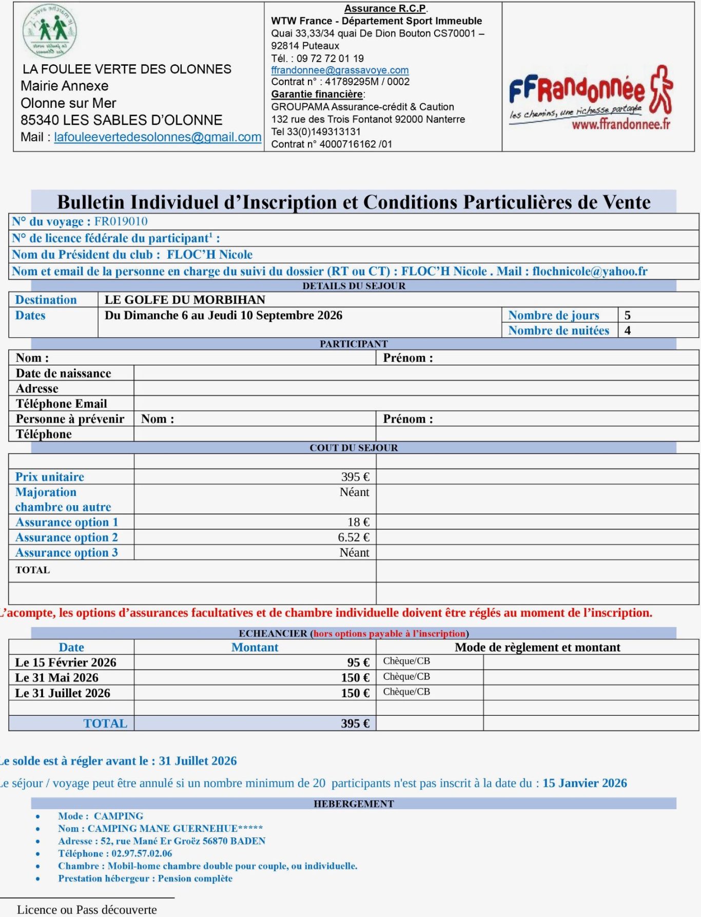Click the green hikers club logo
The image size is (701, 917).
pyautogui.click(x=50, y=31)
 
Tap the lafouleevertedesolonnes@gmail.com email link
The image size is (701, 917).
pyautogui.click(x=158, y=137)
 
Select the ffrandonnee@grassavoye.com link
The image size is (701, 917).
pyautogui.click(x=340, y=70)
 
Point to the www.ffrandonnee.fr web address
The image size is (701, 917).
pyautogui.click(x=621, y=124)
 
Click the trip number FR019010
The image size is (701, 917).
pyautogui.click(x=121, y=221)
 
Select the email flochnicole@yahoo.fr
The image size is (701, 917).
pyautogui.click(x=590, y=271)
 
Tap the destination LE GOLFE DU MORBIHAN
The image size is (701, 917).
pyautogui.click(x=185, y=300)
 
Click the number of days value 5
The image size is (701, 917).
pyautogui.click(x=628, y=315)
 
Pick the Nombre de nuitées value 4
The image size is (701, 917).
pyautogui.click(x=628, y=331)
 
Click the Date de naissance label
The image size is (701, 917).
pyautogui.click(x=63, y=373)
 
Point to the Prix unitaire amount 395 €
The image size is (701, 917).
pyautogui.click(x=355, y=477)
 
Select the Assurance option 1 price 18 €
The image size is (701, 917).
pyautogui.click(x=358, y=522)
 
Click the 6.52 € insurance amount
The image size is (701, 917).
pyautogui.click(x=354, y=538)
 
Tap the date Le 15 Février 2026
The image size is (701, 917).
pyautogui.click(x=66, y=662)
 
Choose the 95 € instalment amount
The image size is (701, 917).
pyautogui.click(x=358, y=662)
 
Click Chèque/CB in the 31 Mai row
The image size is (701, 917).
pyautogui.click(x=406, y=677)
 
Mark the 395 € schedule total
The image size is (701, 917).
pyautogui.click(x=355, y=723)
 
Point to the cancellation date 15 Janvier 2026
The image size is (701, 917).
pyautogui.click(x=585, y=783)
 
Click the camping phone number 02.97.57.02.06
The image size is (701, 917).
pyautogui.click(x=142, y=853)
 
